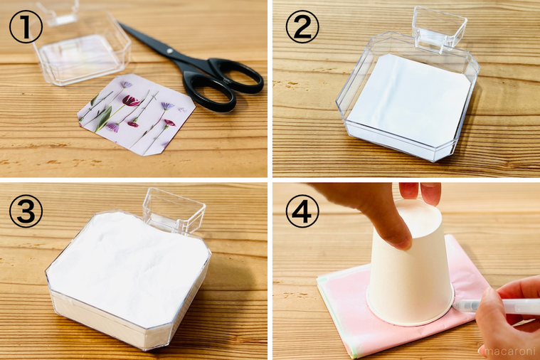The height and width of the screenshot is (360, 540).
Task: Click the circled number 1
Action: (x=26, y=26)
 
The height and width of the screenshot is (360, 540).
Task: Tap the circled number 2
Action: (x=302, y=26)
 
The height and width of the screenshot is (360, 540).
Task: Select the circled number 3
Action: (x=26, y=211)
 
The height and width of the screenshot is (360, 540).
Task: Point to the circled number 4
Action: (x=302, y=211)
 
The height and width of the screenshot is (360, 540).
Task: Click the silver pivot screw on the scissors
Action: (x=169, y=51)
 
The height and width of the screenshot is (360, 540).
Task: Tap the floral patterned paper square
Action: (x=137, y=115)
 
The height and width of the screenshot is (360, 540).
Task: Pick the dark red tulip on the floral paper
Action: (x=130, y=100)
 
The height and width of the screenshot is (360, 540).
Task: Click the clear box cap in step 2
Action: (x=440, y=28)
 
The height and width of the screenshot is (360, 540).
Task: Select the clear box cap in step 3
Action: (x=174, y=209)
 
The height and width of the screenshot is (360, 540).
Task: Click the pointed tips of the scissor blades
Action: (x=120, y=23)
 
